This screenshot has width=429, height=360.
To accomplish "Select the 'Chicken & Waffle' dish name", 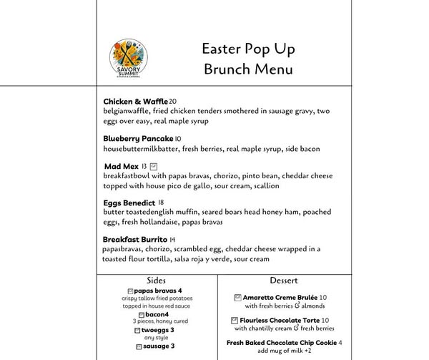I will tap(135, 101).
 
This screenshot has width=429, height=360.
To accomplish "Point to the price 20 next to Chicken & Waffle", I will tap(172, 101).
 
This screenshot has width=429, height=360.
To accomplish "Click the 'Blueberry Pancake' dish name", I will tap(138, 138).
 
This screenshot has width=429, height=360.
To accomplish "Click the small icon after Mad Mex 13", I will tap(154, 166).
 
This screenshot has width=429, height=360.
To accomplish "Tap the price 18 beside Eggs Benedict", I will tap(161, 203).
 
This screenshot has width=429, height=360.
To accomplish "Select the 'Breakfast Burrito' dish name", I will tap(135, 239).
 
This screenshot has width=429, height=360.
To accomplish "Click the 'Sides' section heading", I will tap(157, 280).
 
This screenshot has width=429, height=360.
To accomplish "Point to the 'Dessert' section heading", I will tap(284, 280).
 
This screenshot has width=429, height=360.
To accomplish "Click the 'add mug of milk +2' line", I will tap(284, 351).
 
